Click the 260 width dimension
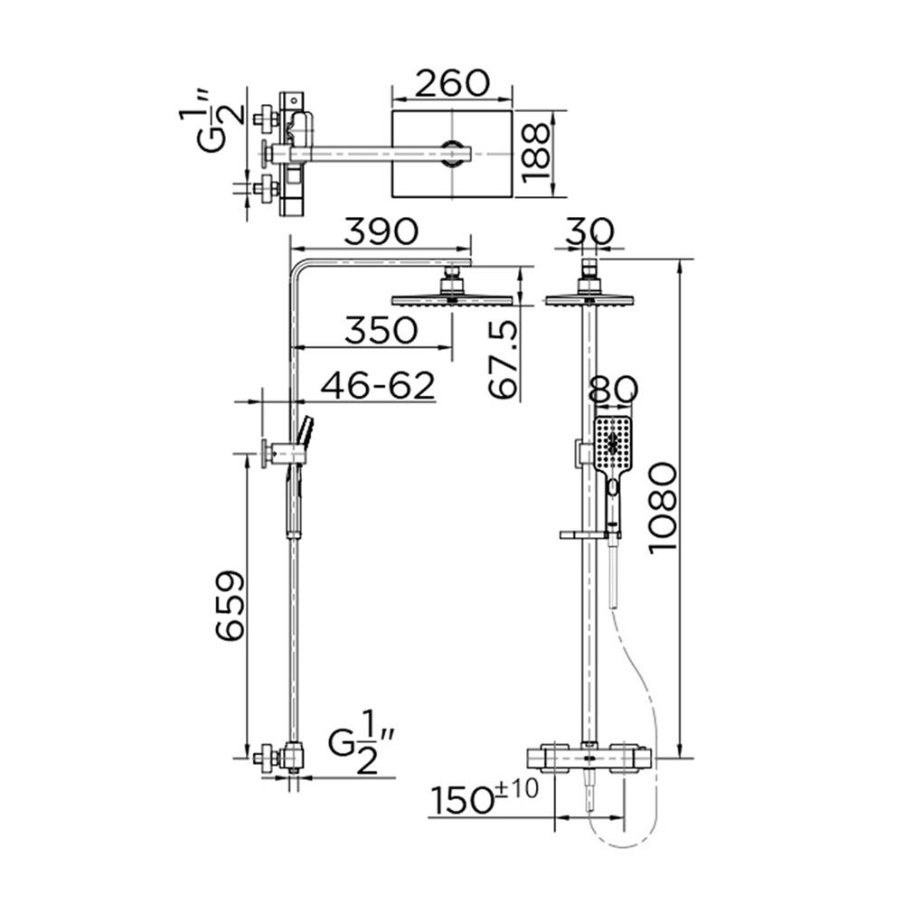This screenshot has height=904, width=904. [x=451, y=82]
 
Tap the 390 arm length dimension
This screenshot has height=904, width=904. [x=380, y=231]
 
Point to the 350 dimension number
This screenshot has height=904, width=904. [x=381, y=331]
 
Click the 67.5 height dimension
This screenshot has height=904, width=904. [x=504, y=359]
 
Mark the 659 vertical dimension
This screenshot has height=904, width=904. [x=230, y=605]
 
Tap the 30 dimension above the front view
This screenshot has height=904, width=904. [x=589, y=231]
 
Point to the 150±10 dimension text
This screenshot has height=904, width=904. [x=484, y=799]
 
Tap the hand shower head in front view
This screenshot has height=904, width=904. [x=613, y=443]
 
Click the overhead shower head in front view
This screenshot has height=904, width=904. [x=589, y=299]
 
